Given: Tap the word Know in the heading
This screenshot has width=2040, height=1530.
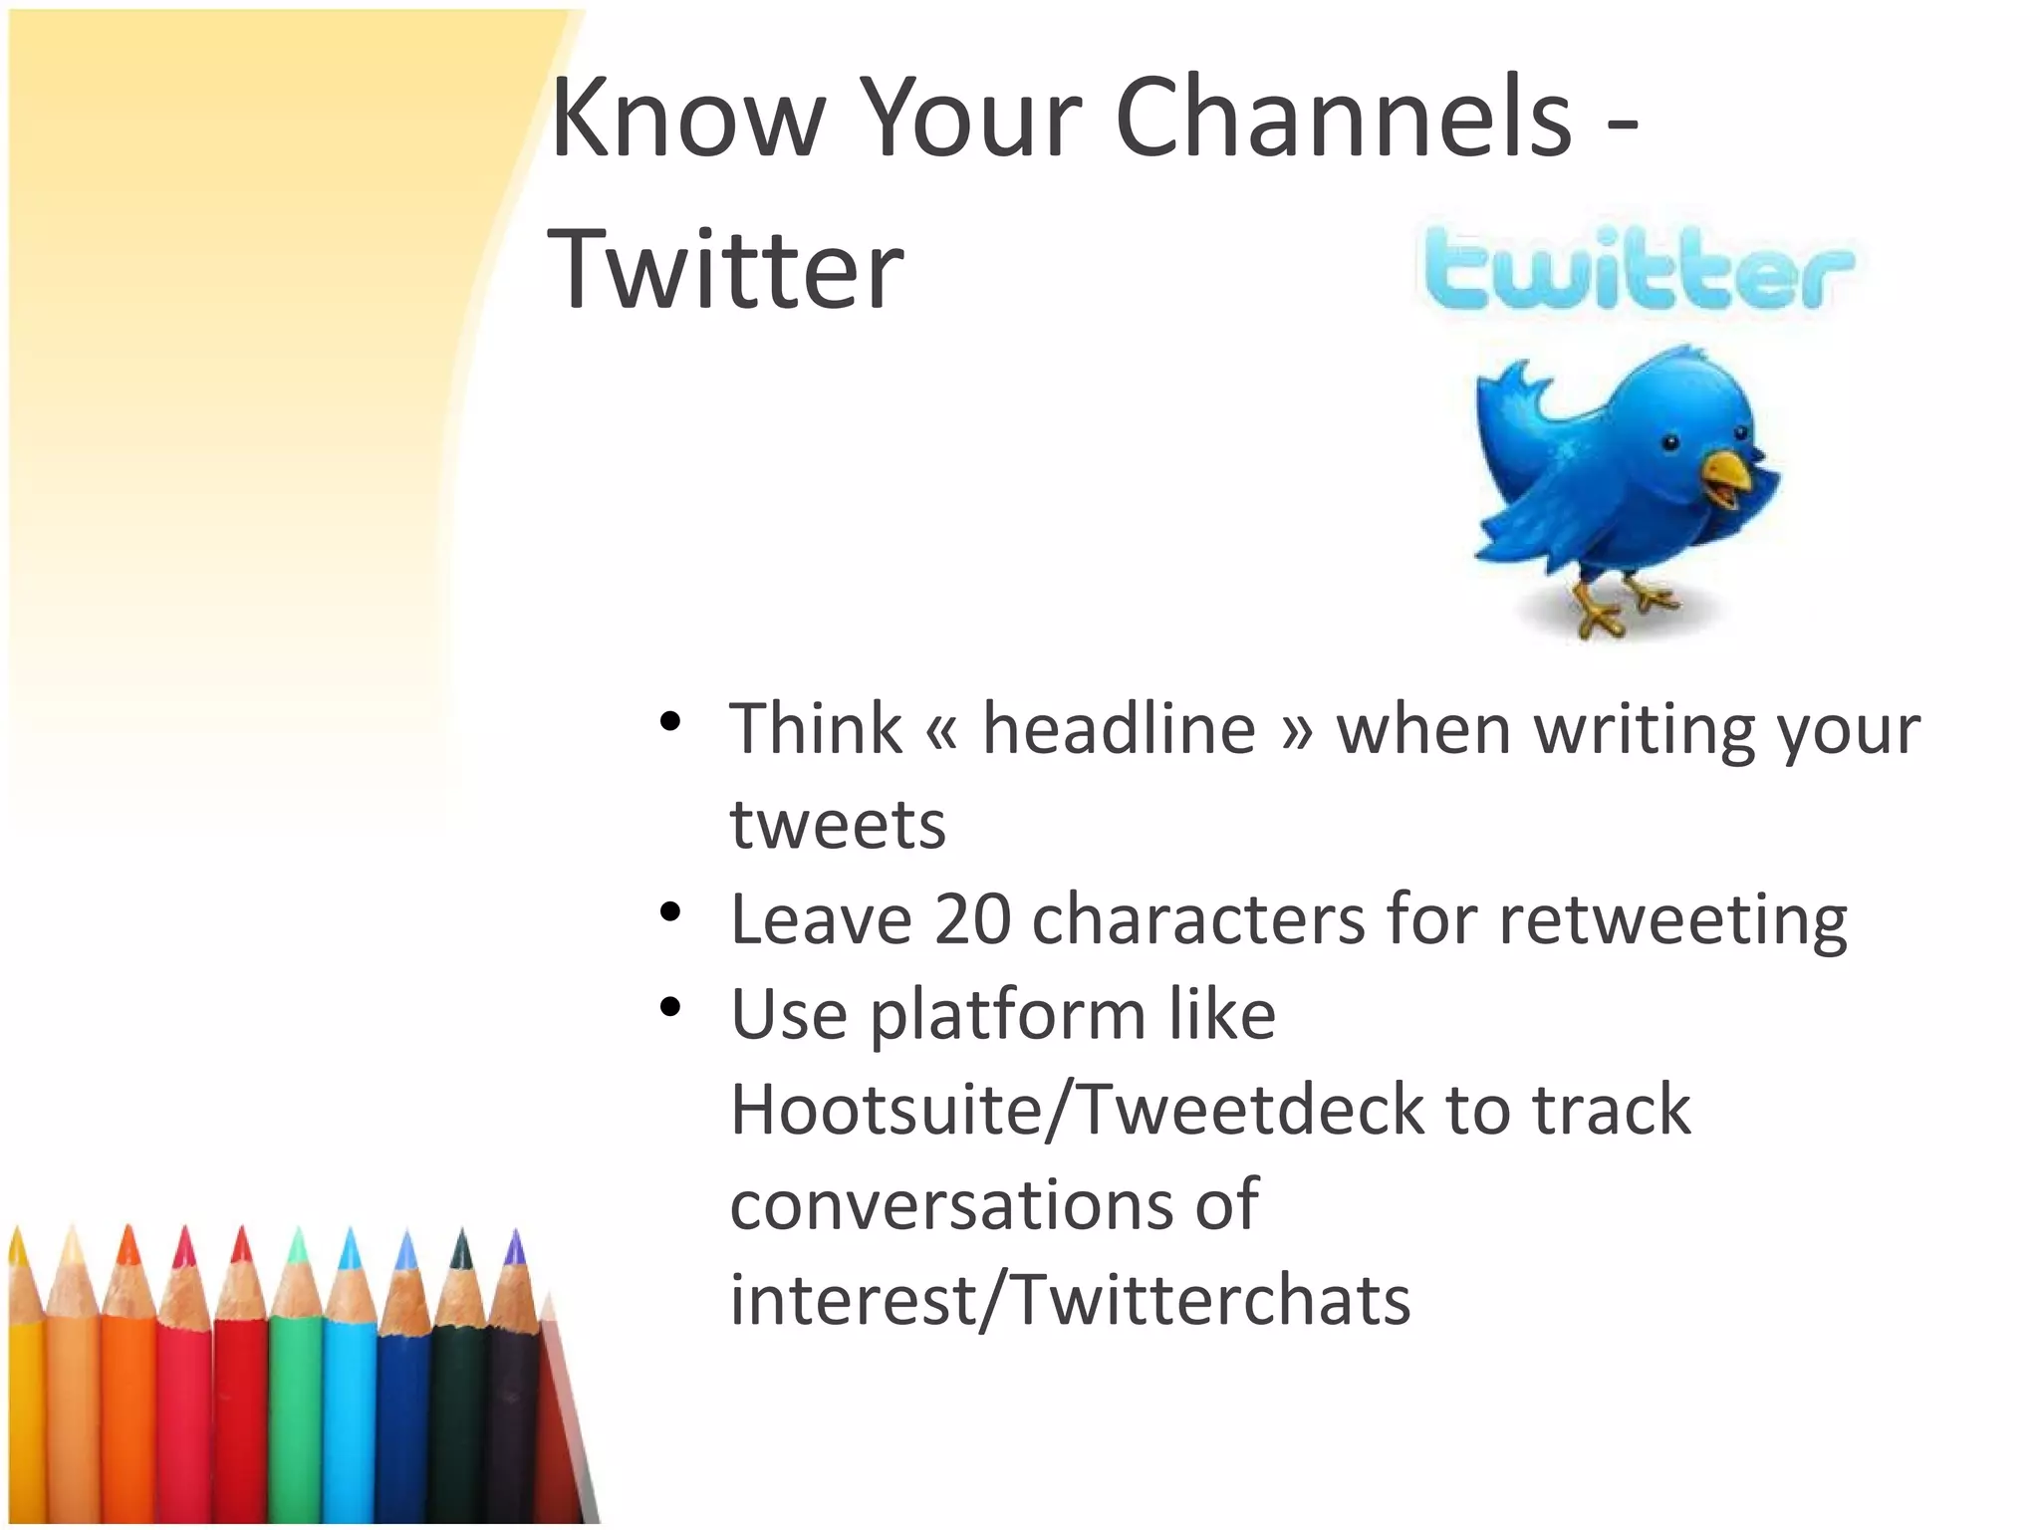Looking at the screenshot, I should (687, 120).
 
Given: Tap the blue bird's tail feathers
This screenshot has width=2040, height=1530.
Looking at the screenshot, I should (1509, 398).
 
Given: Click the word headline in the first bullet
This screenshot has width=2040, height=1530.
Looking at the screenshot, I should (1119, 729).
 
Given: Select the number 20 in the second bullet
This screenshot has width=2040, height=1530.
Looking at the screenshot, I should (972, 918).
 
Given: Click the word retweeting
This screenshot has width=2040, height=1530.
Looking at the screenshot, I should (1672, 920).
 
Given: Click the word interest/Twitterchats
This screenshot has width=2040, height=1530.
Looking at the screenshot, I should (1070, 1301).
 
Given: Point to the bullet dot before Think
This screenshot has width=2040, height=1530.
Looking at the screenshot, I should (670, 720).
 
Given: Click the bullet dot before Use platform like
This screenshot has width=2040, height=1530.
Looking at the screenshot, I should (670, 1007).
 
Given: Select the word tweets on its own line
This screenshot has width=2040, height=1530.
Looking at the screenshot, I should (837, 825).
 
